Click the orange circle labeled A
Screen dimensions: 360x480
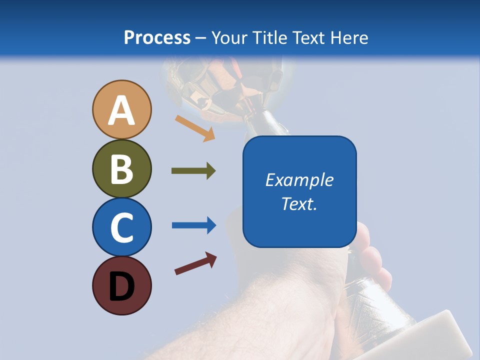[121, 109]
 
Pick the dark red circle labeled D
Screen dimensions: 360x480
[121, 285]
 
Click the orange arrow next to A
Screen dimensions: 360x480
[195, 128]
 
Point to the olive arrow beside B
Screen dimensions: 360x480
[193, 171]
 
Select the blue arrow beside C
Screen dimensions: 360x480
[194, 225]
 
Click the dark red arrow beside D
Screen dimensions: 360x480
[195, 263]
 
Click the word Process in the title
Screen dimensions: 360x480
[157, 37]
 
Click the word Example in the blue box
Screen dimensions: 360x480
[299, 180]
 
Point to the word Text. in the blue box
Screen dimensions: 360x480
[299, 203]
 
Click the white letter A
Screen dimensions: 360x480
[121, 110]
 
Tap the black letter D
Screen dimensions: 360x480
[121, 286]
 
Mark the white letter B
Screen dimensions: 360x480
[121, 169]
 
